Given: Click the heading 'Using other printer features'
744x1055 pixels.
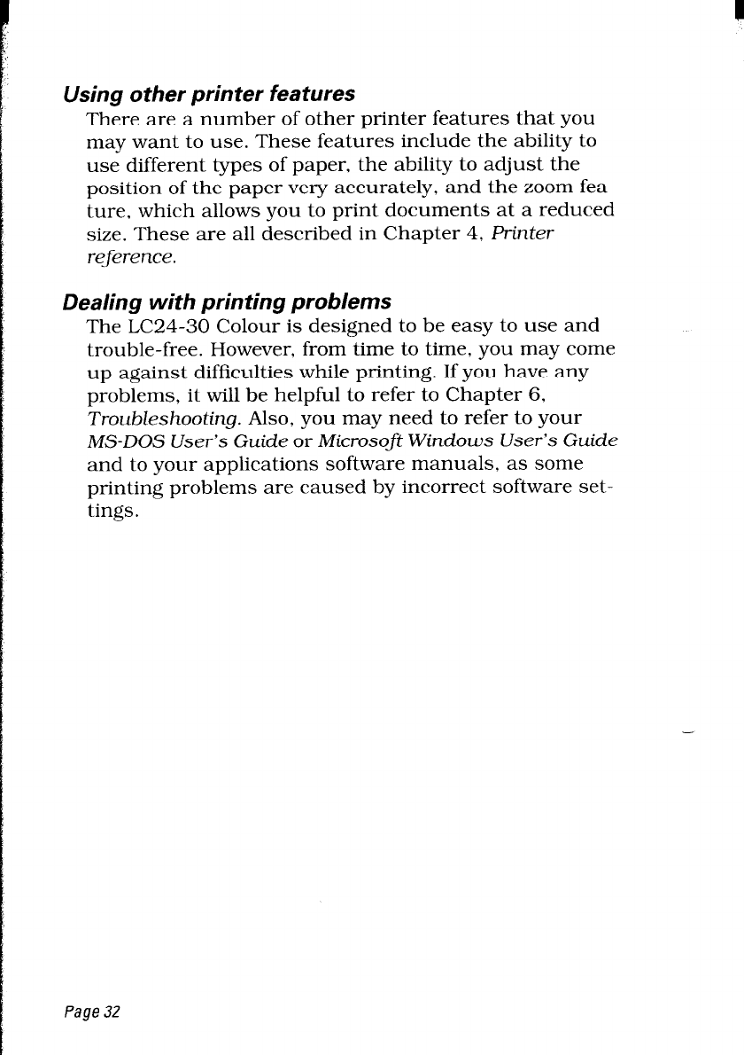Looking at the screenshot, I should (x=209, y=93).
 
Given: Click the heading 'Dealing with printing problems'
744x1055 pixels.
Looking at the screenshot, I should (x=227, y=301).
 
